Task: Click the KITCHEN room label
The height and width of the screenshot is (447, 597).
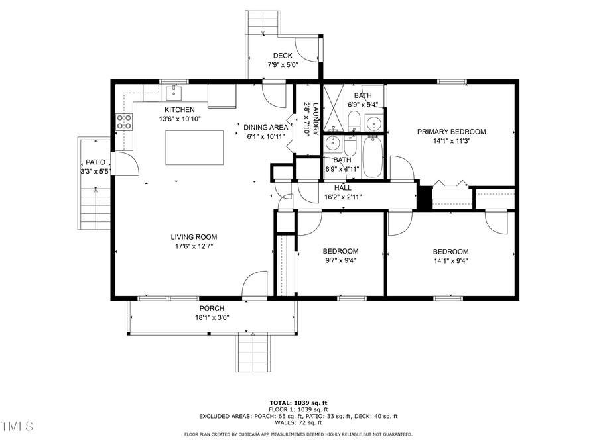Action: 180,109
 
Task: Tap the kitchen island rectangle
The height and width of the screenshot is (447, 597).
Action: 194,147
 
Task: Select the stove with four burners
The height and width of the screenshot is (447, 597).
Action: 125,121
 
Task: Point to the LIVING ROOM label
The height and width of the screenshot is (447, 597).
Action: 194,237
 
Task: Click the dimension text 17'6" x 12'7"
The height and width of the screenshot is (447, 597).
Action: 194,246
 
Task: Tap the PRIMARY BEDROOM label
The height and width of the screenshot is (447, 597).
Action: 451,132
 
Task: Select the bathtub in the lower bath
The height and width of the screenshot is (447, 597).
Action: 371,158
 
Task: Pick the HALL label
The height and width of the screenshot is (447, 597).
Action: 343,188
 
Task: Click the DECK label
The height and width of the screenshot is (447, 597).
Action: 283,56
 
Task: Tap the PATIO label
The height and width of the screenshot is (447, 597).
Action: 92,162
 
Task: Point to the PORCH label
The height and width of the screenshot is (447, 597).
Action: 212,309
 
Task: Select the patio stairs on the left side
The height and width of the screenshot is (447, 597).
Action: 94,208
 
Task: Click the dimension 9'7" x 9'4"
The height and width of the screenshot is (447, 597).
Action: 340,261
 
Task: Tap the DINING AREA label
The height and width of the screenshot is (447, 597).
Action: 265,127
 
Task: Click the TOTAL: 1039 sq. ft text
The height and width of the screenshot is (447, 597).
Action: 298,403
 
